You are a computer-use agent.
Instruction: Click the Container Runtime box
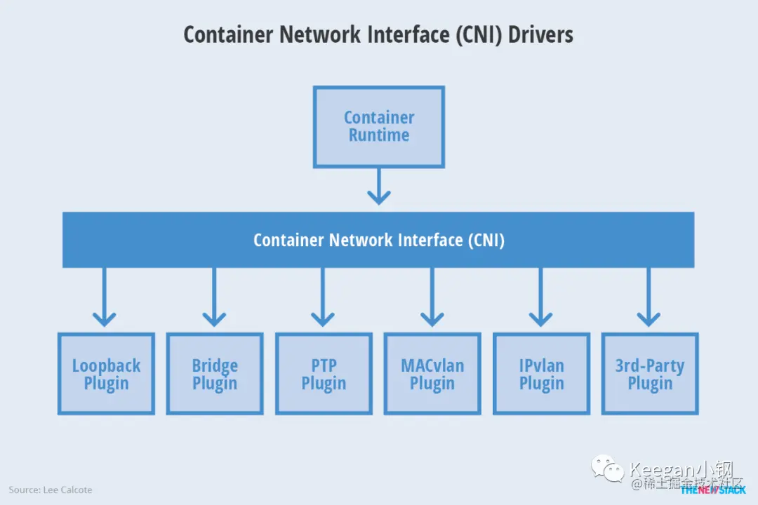[379, 127]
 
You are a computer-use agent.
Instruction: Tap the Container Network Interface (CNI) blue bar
[378, 240]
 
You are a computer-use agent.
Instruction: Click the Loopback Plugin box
[106, 374]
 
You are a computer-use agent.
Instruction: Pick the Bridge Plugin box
[215, 374]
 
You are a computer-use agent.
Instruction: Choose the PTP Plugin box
[324, 374]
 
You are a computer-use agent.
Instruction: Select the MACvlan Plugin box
[432, 374]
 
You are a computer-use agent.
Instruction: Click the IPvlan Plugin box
[541, 374]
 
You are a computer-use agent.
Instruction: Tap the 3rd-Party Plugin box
[650, 374]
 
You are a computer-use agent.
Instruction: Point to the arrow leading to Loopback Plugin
[105, 297]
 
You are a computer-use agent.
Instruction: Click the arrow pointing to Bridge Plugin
[214, 297]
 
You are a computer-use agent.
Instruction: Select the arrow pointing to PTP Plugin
[323, 297]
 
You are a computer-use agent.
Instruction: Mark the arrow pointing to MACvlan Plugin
[432, 297]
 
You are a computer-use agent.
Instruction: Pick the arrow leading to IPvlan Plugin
[540, 297]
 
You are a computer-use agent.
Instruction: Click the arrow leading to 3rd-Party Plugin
[649, 297]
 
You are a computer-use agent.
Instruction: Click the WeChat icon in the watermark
[608, 469]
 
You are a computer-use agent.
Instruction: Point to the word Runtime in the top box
[379, 135]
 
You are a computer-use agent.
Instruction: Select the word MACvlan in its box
[432, 365]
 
